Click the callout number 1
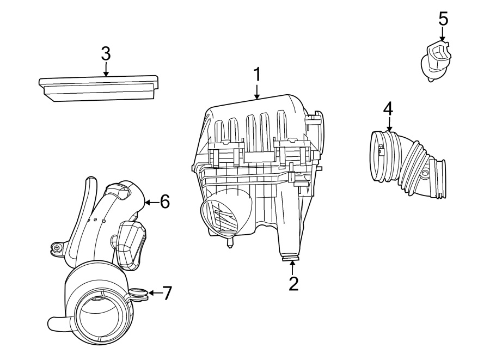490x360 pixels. [x=257, y=75]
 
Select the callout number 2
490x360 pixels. [x=293, y=283]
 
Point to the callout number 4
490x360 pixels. [x=388, y=108]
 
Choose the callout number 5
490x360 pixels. [x=443, y=19]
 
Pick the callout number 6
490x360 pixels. [x=164, y=202]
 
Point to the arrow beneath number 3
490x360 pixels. [x=106, y=69]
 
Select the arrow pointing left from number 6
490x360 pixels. [x=151, y=203]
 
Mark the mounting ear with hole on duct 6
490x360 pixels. [x=56, y=248]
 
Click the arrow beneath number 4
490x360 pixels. [x=388, y=124]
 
